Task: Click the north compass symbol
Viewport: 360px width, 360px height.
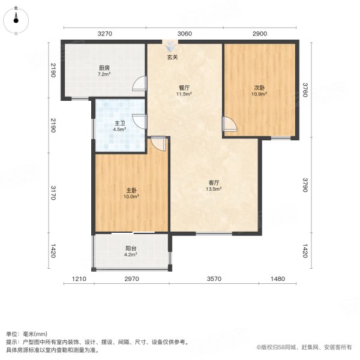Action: pos(16,20)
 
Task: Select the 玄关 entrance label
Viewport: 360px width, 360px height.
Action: pos(173,58)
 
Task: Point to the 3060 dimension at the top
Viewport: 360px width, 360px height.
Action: pos(184,34)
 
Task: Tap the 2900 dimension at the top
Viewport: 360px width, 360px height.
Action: pos(260,34)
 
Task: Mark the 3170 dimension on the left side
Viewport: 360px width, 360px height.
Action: pos(53,193)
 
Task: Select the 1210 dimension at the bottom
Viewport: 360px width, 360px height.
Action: pos(79,279)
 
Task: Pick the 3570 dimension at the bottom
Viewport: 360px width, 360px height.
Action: pos(215,279)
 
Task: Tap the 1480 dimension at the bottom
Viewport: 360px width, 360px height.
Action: pos(278,279)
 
